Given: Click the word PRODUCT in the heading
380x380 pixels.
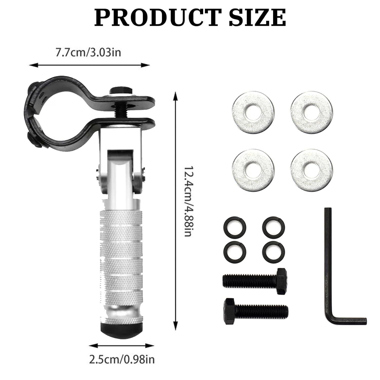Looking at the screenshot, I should (x=156, y=17).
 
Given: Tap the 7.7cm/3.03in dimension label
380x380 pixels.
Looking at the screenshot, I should (x=88, y=53).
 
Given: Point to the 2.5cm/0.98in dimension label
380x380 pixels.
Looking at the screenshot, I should (x=122, y=359).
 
